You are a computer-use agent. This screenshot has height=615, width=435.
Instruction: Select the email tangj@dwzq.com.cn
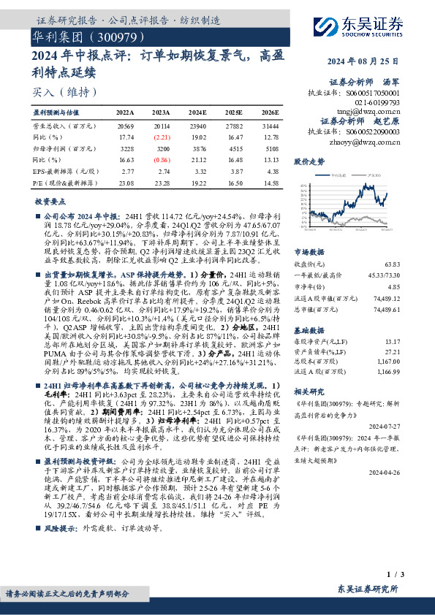tap(363, 111)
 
